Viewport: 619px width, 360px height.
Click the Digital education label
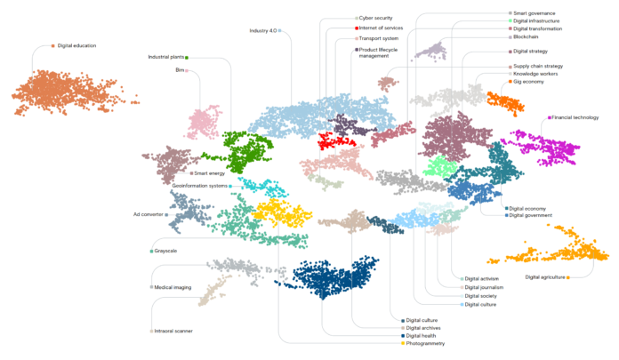click(x=76, y=45)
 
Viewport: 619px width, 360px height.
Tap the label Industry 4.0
click(x=263, y=30)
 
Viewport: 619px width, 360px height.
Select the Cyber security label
click(x=382, y=18)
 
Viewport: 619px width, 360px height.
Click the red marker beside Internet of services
click(x=357, y=28)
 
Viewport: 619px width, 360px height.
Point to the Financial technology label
click(x=575, y=117)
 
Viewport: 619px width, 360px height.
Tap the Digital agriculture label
click(x=543, y=277)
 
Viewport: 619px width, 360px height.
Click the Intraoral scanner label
click(x=174, y=331)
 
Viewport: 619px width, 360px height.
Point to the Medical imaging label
click(x=173, y=287)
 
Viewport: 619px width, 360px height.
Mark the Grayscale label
click(x=165, y=251)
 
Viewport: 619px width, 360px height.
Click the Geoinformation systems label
click(x=199, y=186)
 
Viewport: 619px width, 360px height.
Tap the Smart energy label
click(x=210, y=173)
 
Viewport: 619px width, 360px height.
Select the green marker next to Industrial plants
click(x=187, y=57)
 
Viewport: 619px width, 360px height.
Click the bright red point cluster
click(x=337, y=140)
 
